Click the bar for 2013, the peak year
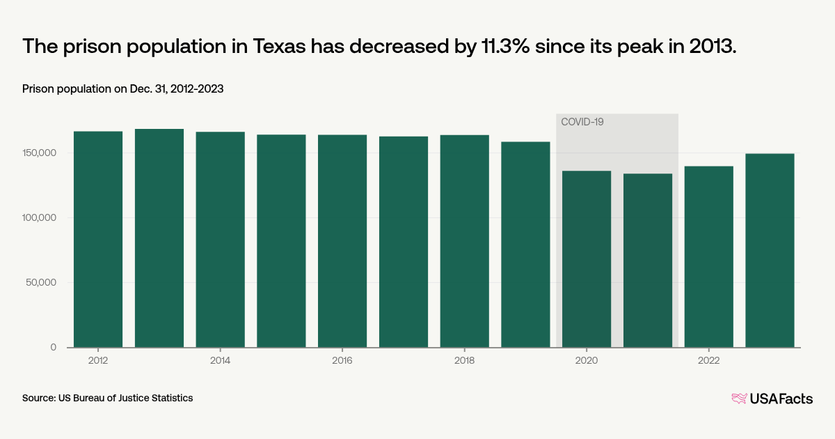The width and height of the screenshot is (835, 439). (x=159, y=238)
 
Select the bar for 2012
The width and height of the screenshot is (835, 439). (x=98, y=239)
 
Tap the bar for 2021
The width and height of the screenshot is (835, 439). (x=648, y=260)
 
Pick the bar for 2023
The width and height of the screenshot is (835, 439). (x=770, y=250)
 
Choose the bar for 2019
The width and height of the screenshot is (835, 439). (x=525, y=244)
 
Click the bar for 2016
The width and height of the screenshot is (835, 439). (x=342, y=240)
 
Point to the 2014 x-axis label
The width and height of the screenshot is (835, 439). (x=220, y=360)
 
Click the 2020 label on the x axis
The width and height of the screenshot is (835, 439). (x=587, y=360)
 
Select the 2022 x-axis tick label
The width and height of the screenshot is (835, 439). (x=708, y=360)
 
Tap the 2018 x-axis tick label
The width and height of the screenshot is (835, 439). (x=464, y=360)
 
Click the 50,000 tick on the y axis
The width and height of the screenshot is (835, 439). (x=41, y=283)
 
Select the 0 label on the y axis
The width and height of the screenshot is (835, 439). (x=54, y=347)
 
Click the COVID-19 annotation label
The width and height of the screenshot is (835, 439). (x=582, y=122)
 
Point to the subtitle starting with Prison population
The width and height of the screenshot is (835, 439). (x=122, y=89)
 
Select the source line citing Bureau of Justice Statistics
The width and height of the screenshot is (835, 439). (x=107, y=398)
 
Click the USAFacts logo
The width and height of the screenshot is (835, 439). (x=772, y=399)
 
